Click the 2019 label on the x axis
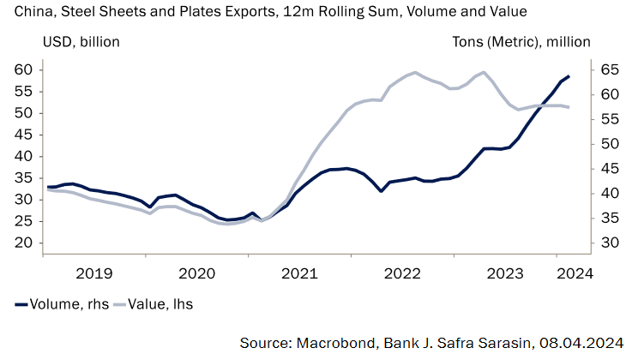95,273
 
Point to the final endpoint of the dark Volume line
569,76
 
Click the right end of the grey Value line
569,107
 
